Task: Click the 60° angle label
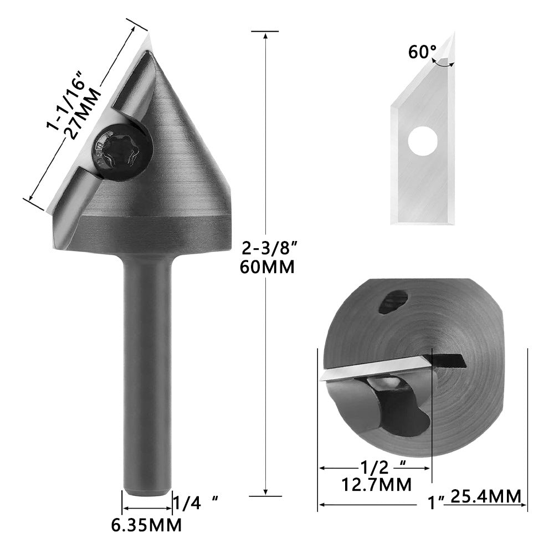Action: [423, 52]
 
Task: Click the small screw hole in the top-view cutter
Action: [394, 302]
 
